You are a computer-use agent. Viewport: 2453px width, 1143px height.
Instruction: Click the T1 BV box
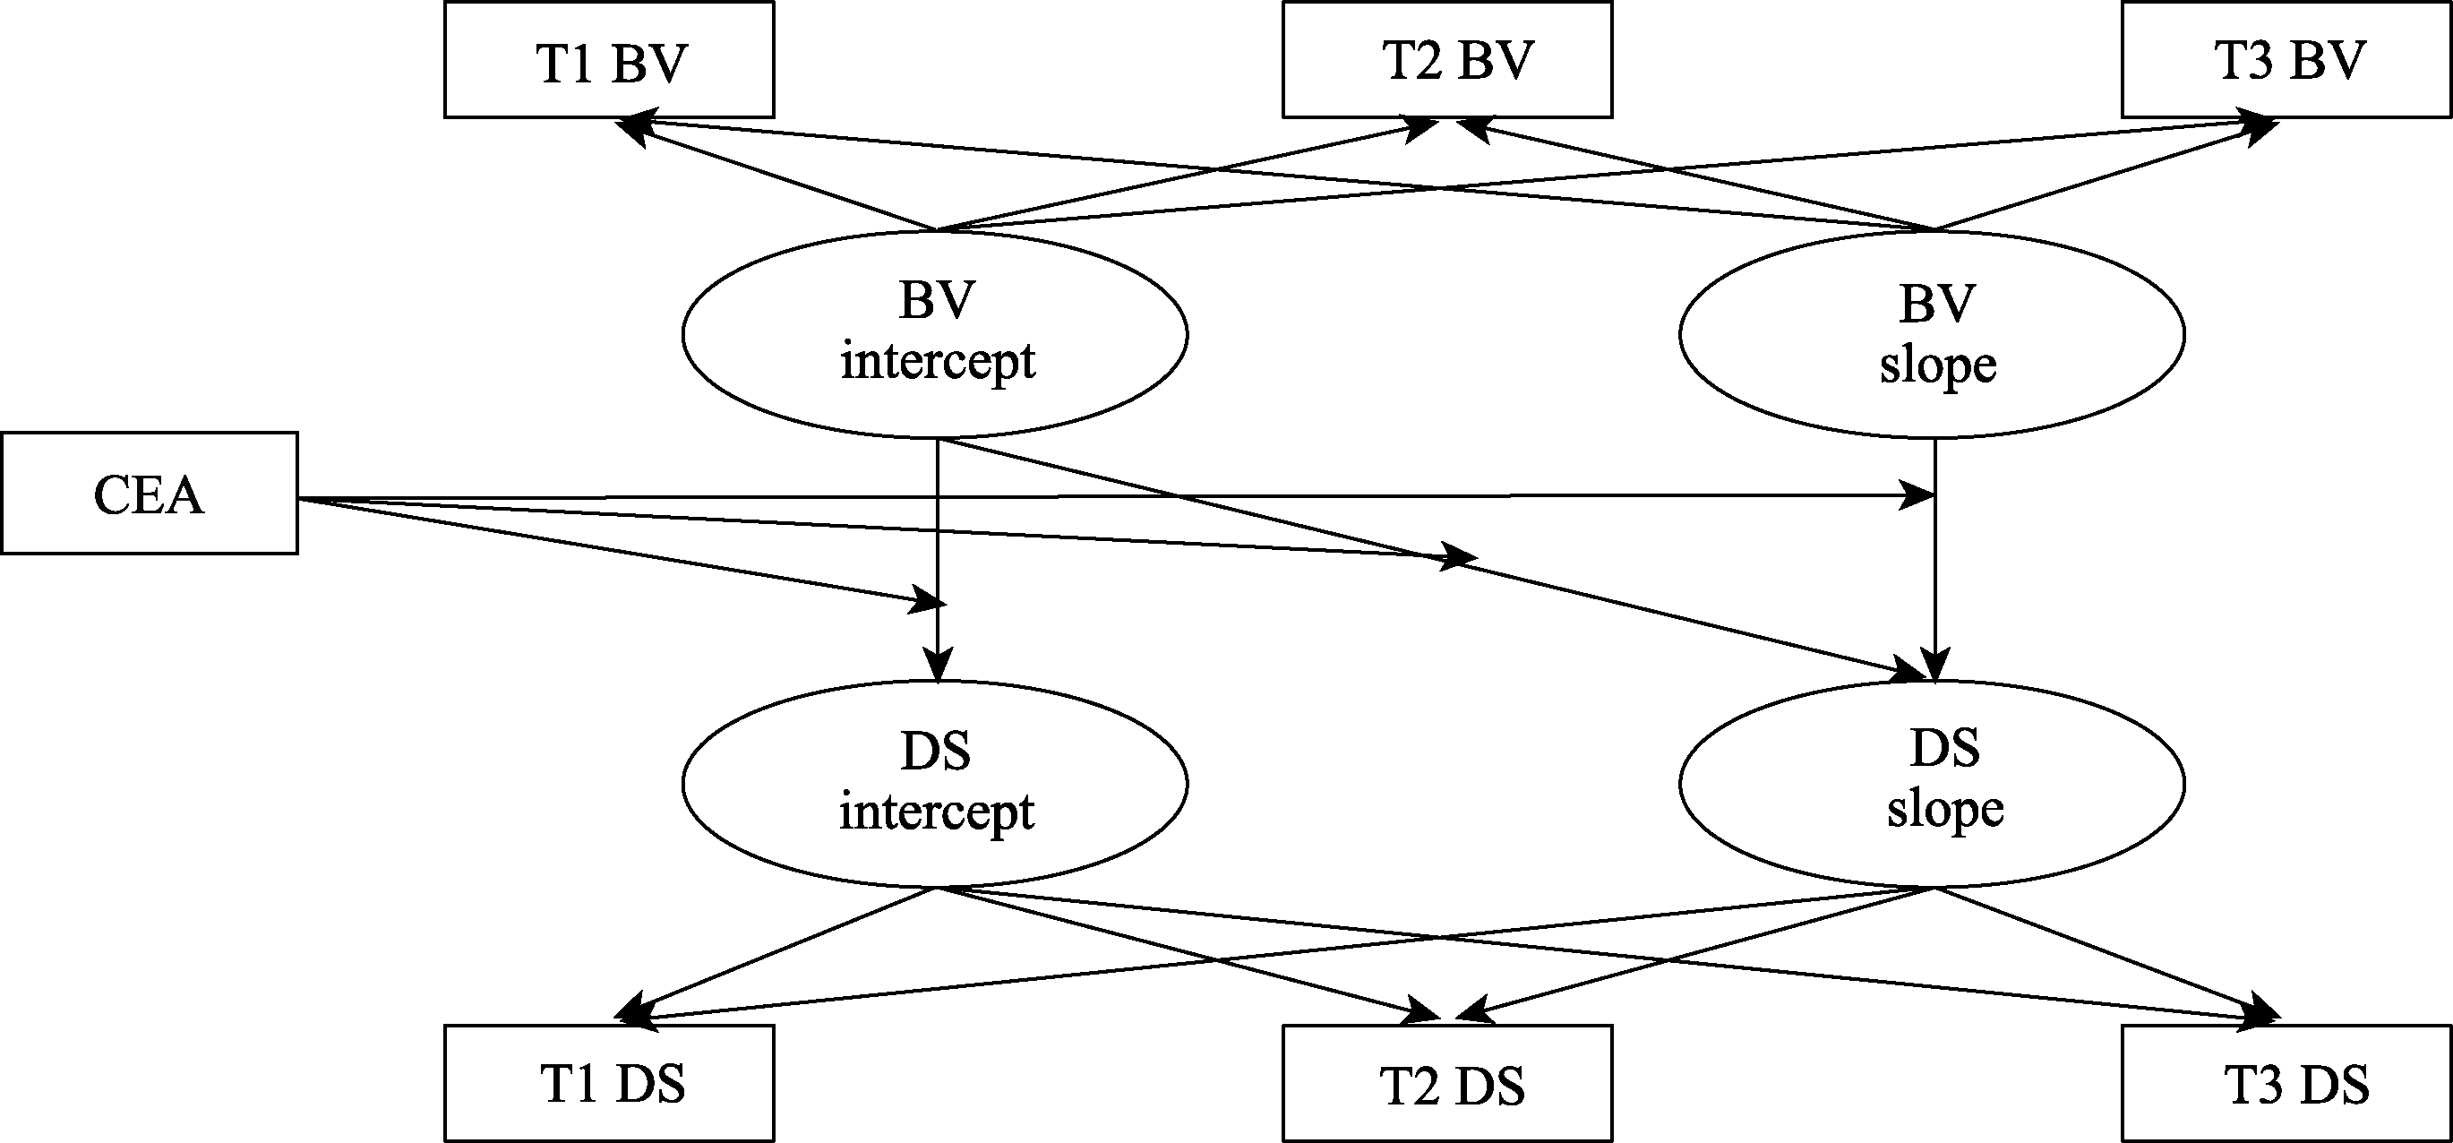(x=609, y=60)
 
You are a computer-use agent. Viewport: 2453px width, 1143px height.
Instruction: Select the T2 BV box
(x=1446, y=60)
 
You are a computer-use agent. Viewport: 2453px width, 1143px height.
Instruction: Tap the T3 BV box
(x=2286, y=60)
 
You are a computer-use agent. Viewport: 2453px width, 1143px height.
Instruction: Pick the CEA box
(x=150, y=494)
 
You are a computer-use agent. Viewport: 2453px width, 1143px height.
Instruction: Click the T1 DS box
(x=609, y=1083)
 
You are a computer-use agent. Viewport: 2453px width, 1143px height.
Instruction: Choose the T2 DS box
(x=1446, y=1083)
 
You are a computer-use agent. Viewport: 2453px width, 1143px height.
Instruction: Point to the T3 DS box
(x=2286, y=1083)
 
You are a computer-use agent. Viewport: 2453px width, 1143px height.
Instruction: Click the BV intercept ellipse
(x=934, y=334)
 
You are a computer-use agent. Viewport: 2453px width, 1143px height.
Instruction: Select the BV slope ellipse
(x=1931, y=334)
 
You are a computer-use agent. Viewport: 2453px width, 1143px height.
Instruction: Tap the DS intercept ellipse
(x=934, y=783)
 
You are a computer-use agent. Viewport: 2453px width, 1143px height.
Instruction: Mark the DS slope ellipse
(x=1931, y=783)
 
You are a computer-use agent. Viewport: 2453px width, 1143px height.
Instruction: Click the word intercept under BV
(x=937, y=362)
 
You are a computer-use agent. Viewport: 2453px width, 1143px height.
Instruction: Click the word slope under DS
(x=1944, y=811)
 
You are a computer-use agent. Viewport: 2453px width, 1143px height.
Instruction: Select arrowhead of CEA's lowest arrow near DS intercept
(x=929, y=601)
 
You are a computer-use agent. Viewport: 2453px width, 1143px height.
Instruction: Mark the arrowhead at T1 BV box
(x=633, y=127)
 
